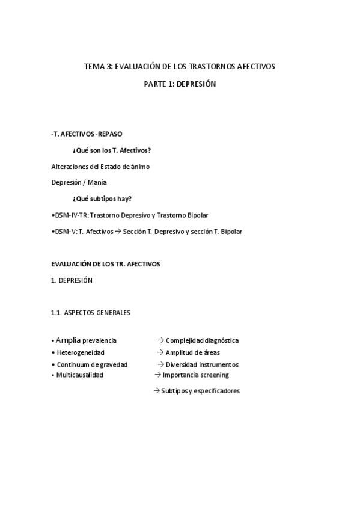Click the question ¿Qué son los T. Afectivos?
click(111, 150)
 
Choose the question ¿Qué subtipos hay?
click(102, 198)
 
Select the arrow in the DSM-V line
click(118, 231)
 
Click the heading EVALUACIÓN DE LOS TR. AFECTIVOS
click(106, 264)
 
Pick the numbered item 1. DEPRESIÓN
click(72, 280)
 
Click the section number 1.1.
click(58, 313)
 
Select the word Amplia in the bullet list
click(69, 340)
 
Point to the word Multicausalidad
click(81, 375)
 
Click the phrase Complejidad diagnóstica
click(202, 340)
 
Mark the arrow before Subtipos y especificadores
click(156, 390)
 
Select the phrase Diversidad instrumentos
click(202, 364)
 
